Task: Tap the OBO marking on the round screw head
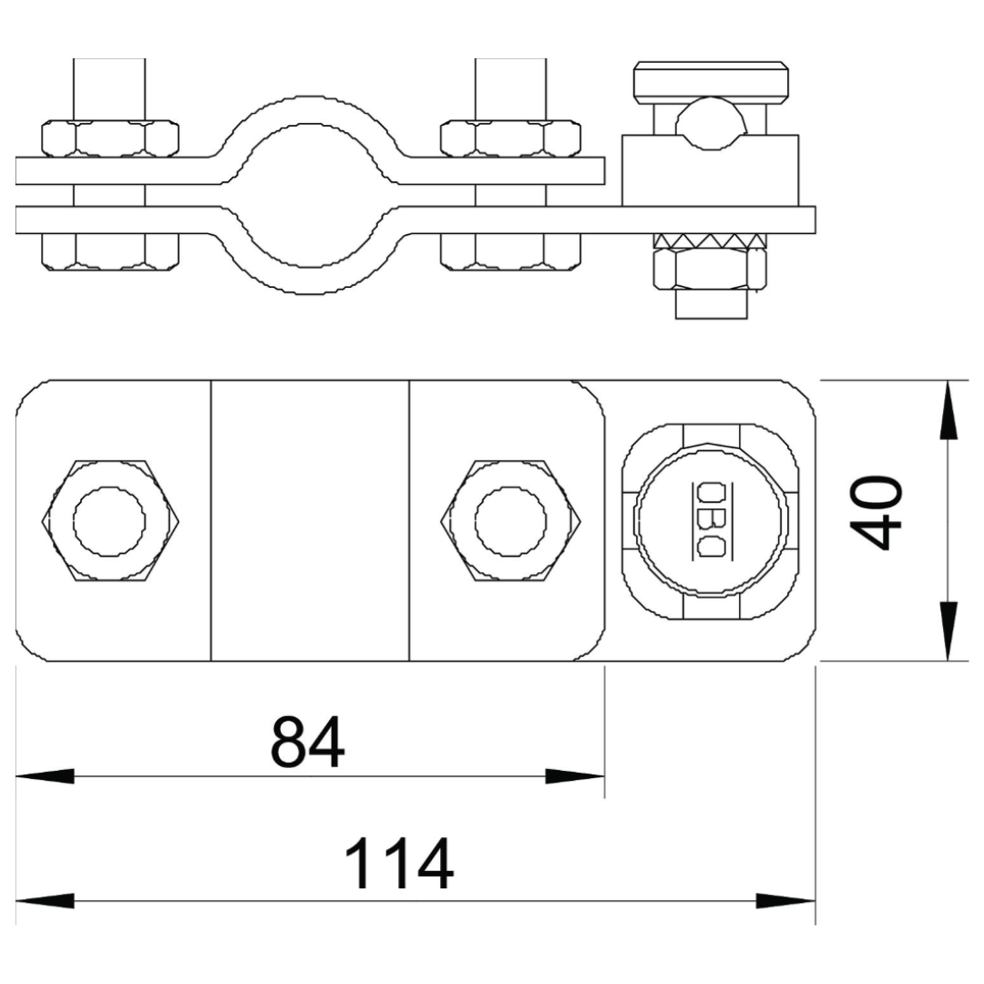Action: pyautogui.click(x=711, y=520)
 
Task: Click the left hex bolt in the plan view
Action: pyautogui.click(x=109, y=521)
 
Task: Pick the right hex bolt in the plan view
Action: pyautogui.click(x=510, y=521)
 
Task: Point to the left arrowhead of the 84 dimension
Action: pyautogui.click(x=46, y=776)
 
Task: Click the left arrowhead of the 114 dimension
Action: pyautogui.click(x=46, y=900)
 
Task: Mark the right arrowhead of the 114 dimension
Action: pyautogui.click(x=786, y=900)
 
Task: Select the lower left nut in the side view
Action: pyautogui.click(x=110, y=251)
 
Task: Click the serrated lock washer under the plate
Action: pyautogui.click(x=711, y=240)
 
